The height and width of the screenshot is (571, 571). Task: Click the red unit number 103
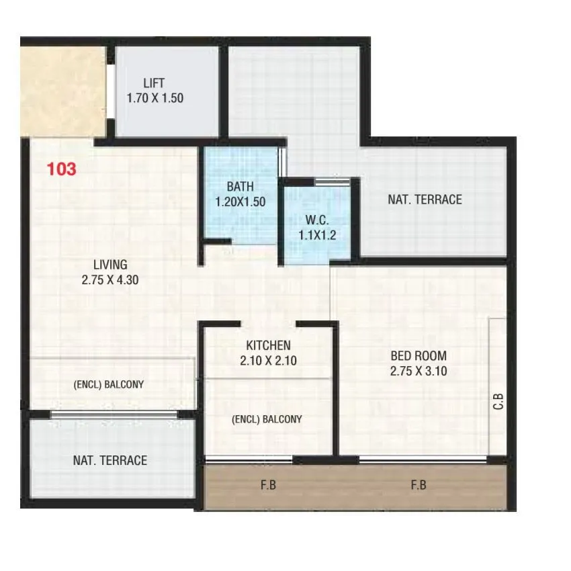click(62, 169)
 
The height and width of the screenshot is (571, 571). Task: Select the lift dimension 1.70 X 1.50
click(155, 98)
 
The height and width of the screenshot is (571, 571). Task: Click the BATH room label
click(240, 187)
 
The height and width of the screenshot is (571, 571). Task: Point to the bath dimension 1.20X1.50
click(240, 201)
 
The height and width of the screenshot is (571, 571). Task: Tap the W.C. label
click(316, 220)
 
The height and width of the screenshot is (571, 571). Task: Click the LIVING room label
click(110, 265)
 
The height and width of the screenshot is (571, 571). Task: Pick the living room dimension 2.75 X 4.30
click(110, 280)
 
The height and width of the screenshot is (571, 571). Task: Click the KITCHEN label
click(268, 345)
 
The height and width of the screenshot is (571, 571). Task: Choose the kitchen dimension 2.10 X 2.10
click(268, 361)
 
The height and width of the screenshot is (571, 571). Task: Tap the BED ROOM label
click(419, 356)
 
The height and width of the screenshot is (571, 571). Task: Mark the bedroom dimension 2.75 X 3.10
click(419, 371)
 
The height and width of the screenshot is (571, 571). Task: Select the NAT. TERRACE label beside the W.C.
click(425, 200)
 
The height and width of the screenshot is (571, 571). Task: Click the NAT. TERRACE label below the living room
click(110, 460)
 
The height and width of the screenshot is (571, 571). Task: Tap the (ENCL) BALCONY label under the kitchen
click(267, 419)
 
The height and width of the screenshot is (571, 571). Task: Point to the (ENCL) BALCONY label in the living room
click(109, 385)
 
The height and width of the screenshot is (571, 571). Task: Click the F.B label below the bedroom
click(419, 485)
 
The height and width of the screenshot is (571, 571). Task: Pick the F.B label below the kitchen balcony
click(268, 485)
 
